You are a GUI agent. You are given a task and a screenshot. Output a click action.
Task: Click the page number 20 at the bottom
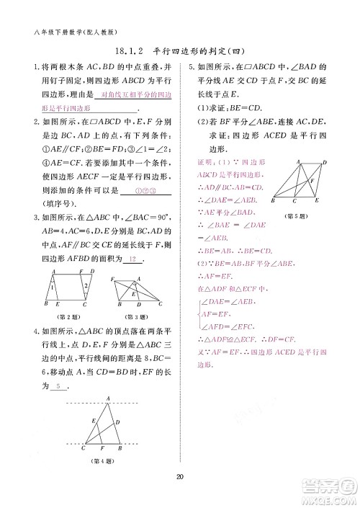180,475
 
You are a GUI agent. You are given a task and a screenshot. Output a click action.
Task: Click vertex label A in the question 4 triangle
107,398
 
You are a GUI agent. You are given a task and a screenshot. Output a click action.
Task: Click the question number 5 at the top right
189,68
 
